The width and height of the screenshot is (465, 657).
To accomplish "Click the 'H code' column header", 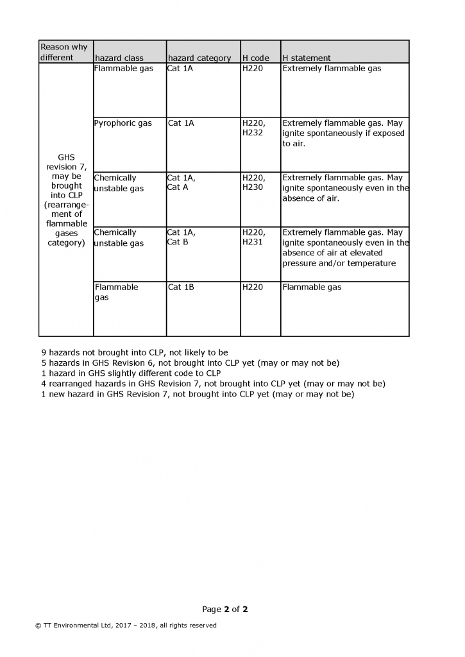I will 256,58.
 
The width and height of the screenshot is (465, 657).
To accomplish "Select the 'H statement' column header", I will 307,58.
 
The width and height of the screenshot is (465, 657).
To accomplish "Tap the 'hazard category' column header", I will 199,58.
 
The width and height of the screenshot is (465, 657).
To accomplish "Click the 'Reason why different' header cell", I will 64,52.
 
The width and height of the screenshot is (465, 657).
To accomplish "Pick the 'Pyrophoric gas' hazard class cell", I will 123,123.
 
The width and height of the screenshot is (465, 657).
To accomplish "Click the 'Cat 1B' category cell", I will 181,287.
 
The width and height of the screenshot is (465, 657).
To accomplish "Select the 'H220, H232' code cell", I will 253,128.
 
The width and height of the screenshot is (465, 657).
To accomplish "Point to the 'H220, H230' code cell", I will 253,183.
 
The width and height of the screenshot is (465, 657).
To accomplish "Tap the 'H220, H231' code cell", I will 253,237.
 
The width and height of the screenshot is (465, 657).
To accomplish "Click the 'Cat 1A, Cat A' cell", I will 182,183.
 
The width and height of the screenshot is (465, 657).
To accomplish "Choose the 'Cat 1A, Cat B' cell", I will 182,237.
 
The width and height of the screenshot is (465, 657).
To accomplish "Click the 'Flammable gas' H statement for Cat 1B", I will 312,287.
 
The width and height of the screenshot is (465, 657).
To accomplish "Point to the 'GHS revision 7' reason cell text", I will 66,200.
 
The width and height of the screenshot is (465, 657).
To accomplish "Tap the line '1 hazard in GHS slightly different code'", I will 130,373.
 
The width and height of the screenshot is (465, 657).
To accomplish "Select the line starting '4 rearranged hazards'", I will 212,384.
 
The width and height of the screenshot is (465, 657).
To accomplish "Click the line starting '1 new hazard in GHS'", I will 197,394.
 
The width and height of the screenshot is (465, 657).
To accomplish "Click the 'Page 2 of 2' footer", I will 225,609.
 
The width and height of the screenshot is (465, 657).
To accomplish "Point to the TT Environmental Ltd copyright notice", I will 126,626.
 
